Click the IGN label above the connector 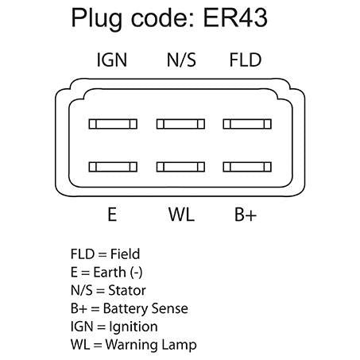click(112, 60)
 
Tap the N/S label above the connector click(181, 60)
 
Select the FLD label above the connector click(246, 60)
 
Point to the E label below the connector click(112, 215)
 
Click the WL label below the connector click(181, 215)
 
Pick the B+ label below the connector click(246, 215)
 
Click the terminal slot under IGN click(113, 124)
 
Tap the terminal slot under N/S click(180, 124)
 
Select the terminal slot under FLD click(247, 124)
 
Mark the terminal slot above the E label click(113, 167)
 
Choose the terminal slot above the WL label click(180, 167)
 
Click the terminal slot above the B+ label click(247, 167)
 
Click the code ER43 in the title click(235, 17)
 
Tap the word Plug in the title click(96, 19)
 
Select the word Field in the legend click(125, 254)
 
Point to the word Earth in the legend click(110, 272)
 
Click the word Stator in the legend click(127, 290)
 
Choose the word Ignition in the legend click(134, 327)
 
